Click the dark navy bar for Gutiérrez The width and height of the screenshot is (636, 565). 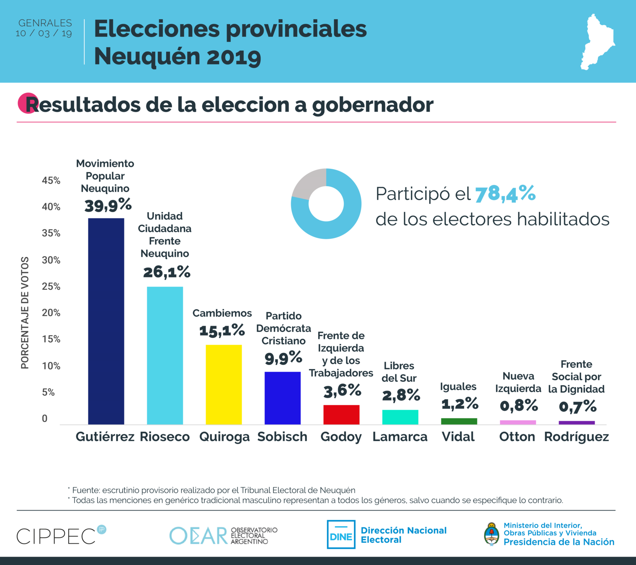point(106,321)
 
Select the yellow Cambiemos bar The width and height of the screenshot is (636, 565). point(224,384)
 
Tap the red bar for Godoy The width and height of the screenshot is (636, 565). point(341,414)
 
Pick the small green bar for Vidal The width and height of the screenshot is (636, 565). point(459,421)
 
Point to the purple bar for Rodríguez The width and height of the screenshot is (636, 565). point(577,423)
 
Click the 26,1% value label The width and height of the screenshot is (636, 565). point(167,272)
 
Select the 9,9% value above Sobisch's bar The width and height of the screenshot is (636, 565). point(283,357)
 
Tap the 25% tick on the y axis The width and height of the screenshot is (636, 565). point(51,287)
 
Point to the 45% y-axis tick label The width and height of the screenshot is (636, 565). point(51,181)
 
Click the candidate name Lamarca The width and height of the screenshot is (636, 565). point(400,437)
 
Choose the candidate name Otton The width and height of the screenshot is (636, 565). point(517,437)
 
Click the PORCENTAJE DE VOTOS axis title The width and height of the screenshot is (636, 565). point(25,313)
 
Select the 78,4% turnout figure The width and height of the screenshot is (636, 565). point(505,193)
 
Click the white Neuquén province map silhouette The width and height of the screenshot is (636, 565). point(597,42)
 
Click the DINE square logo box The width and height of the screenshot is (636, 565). point(341,534)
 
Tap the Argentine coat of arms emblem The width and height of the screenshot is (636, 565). point(492,534)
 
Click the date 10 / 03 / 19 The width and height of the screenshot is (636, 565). point(44,33)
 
